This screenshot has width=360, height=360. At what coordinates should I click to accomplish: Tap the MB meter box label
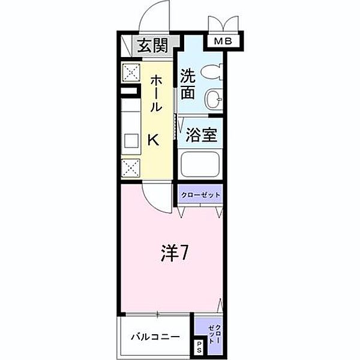pyautogui.click(x=225, y=41)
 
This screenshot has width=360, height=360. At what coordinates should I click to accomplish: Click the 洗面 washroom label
pyautogui.click(x=187, y=85)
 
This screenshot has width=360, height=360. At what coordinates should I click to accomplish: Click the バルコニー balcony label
pyautogui.click(x=155, y=337)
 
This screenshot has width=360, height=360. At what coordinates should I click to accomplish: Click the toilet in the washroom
pyautogui.click(x=211, y=72)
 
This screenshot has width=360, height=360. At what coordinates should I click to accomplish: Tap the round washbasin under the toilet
pyautogui.click(x=213, y=98)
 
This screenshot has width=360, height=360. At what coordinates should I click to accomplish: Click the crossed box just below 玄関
pyautogui.click(x=130, y=73)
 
